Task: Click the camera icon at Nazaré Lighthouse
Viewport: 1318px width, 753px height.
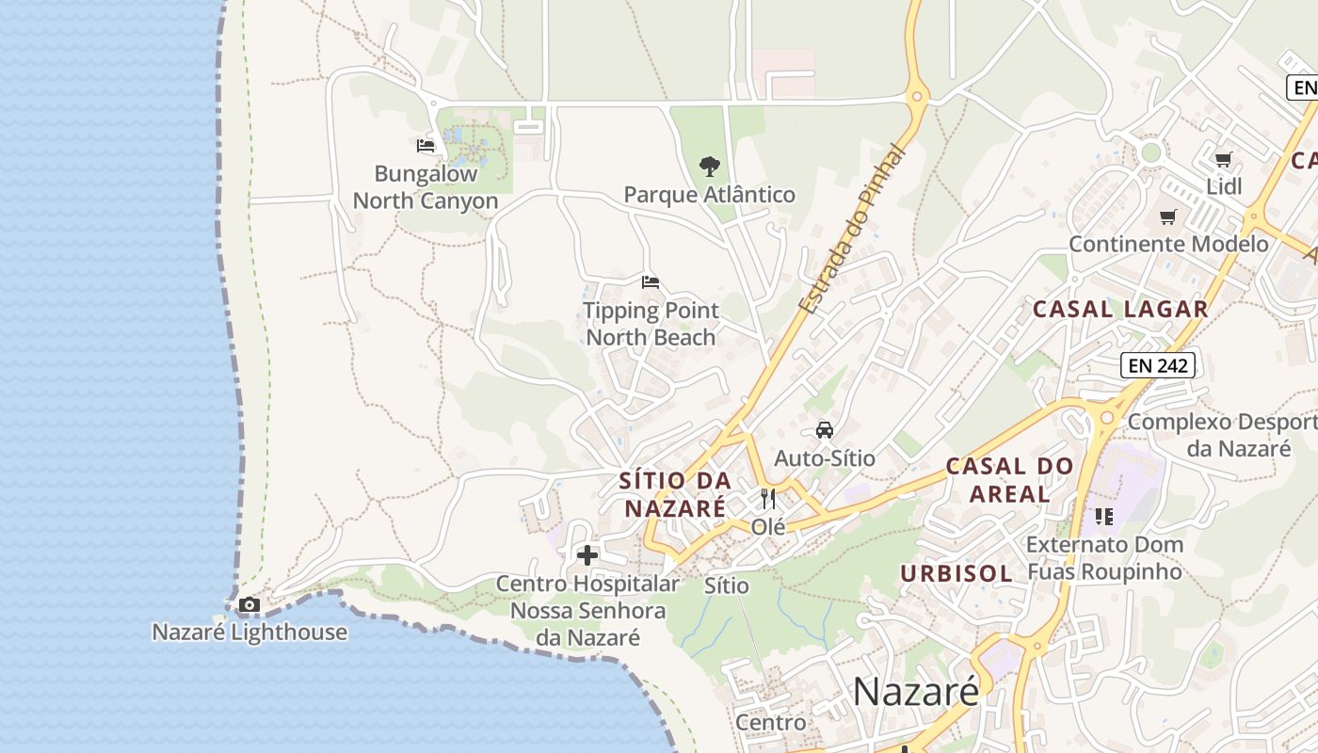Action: click(249, 604)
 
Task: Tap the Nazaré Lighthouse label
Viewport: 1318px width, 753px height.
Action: click(249, 632)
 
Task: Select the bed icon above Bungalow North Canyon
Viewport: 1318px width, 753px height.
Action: click(426, 146)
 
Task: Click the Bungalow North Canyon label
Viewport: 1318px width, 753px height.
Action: click(426, 187)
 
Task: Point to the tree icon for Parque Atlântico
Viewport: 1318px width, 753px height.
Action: click(710, 167)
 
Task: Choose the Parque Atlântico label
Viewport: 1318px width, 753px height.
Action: click(710, 195)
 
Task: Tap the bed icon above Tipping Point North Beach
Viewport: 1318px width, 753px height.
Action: click(650, 281)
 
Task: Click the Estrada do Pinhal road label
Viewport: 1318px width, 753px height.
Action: click(851, 231)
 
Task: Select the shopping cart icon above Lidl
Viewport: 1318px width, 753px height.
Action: click(1223, 159)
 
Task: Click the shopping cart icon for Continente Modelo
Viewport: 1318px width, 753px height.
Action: click(1168, 217)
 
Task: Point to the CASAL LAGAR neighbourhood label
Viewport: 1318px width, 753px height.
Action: click(1120, 309)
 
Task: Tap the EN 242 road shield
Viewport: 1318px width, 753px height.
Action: click(1158, 365)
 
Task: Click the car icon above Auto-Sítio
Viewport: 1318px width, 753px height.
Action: click(825, 430)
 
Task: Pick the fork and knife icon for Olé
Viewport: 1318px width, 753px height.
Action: click(768, 499)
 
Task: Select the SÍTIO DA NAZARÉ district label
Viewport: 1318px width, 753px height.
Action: click(675, 494)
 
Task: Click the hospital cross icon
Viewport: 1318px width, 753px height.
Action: click(587, 555)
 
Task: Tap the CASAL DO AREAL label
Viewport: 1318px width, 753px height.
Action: click(1009, 479)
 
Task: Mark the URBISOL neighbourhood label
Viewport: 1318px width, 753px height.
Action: click(956, 573)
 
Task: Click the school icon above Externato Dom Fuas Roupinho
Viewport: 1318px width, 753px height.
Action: click(1103, 516)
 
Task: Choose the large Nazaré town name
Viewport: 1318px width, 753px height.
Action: click(916, 692)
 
